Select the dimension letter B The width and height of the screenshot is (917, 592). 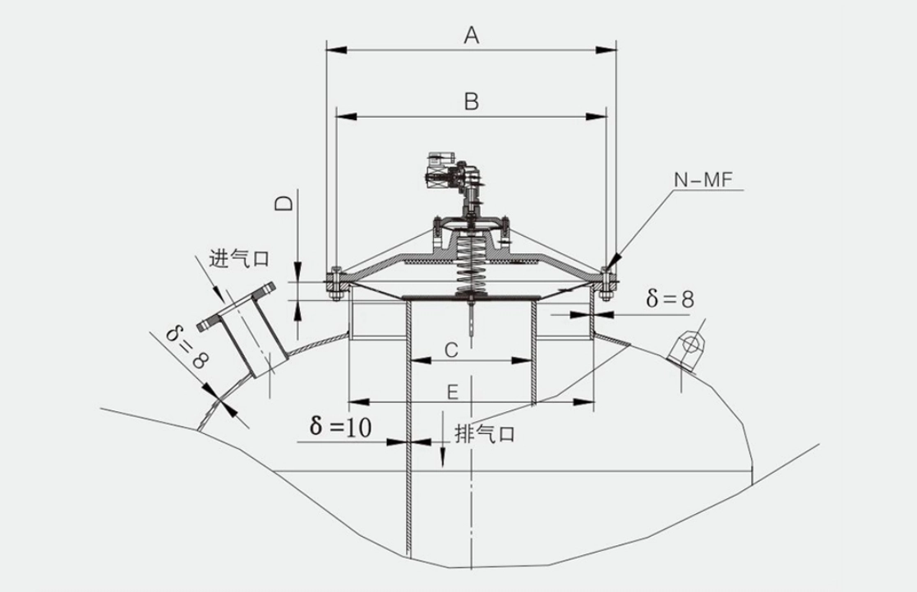(x=471, y=102)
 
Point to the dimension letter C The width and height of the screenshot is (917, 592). (x=450, y=349)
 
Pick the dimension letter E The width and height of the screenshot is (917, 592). (x=452, y=392)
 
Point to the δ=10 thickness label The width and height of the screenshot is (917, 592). (x=340, y=427)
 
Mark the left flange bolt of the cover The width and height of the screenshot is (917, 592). (x=334, y=283)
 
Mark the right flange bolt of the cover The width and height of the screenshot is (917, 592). (x=606, y=282)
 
